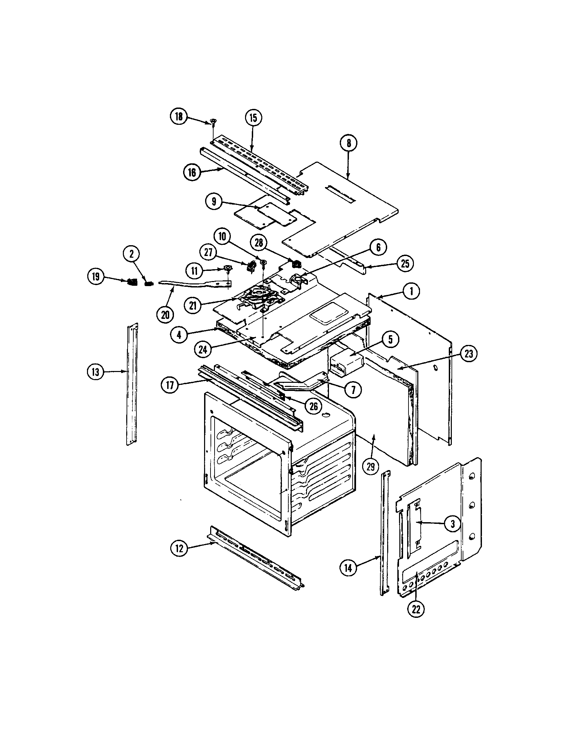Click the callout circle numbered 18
(x=179, y=117)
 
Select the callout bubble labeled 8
(x=348, y=143)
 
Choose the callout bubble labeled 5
(x=390, y=339)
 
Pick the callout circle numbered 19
(x=96, y=277)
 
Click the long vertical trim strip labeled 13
(x=132, y=385)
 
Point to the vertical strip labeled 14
(x=384, y=535)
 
